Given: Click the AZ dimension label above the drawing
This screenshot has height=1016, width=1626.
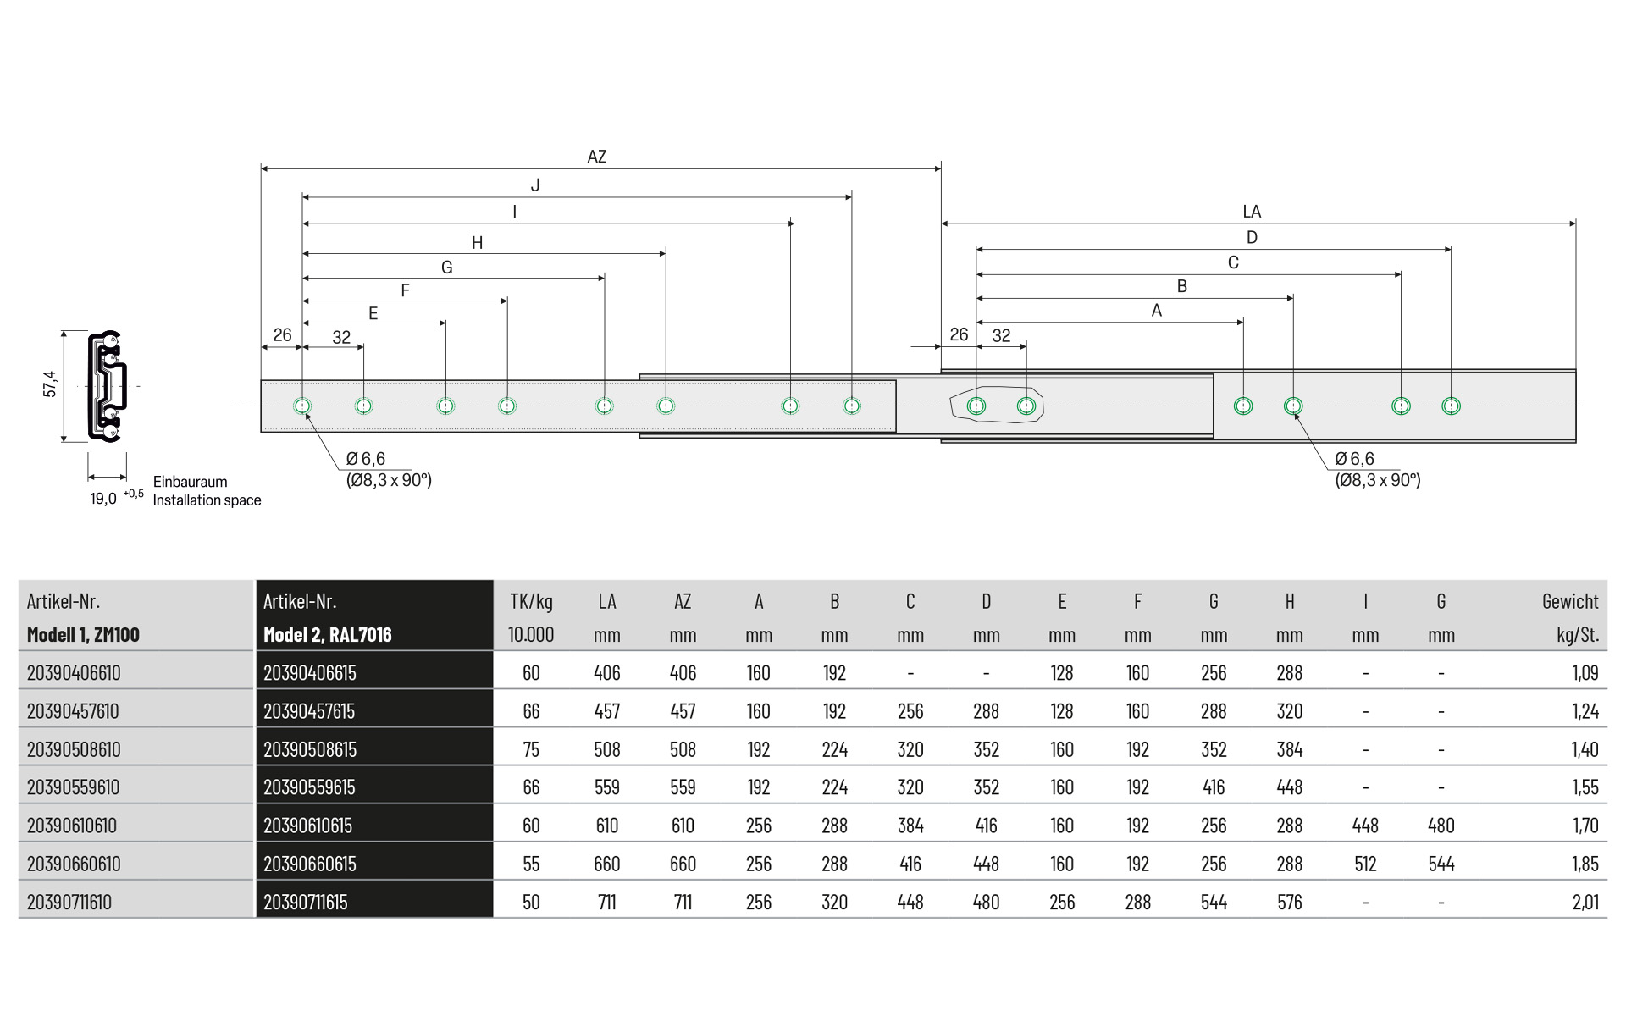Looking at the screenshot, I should pyautogui.click(x=596, y=157).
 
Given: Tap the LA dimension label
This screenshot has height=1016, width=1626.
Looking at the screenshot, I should pyautogui.click(x=1251, y=212).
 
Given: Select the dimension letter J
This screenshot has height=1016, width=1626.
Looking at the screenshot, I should pyautogui.click(x=534, y=185).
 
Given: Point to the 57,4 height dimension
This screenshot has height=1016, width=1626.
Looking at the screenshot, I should pyautogui.click(x=50, y=384).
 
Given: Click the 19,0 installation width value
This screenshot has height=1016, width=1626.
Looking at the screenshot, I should pyautogui.click(x=103, y=499).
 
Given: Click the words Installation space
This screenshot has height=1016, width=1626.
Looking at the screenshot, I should pyautogui.click(x=207, y=500).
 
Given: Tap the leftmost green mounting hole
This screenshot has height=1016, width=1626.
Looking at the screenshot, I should pyautogui.click(x=302, y=406).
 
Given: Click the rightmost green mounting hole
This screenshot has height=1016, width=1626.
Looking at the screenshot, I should pyautogui.click(x=1451, y=406).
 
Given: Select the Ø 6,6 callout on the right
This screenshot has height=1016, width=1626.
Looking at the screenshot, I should pyautogui.click(x=1354, y=459).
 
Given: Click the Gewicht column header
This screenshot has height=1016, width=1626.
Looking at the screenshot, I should pyautogui.click(x=1569, y=602).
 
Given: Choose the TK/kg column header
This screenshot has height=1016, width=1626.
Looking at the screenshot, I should pyautogui.click(x=531, y=602).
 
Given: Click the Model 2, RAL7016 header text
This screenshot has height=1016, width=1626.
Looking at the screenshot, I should pyautogui.click(x=328, y=635).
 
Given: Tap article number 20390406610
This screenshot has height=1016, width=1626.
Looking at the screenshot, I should pyautogui.click(x=74, y=673).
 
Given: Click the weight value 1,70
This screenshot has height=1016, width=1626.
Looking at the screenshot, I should pyautogui.click(x=1585, y=825).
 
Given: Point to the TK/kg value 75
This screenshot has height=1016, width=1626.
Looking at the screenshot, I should pyautogui.click(x=531, y=749).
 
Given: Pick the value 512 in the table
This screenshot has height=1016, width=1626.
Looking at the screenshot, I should pyautogui.click(x=1365, y=864).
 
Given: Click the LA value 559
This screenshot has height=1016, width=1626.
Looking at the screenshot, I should pyautogui.click(x=606, y=787).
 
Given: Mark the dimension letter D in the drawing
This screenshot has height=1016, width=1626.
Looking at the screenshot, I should pyautogui.click(x=1251, y=238).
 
